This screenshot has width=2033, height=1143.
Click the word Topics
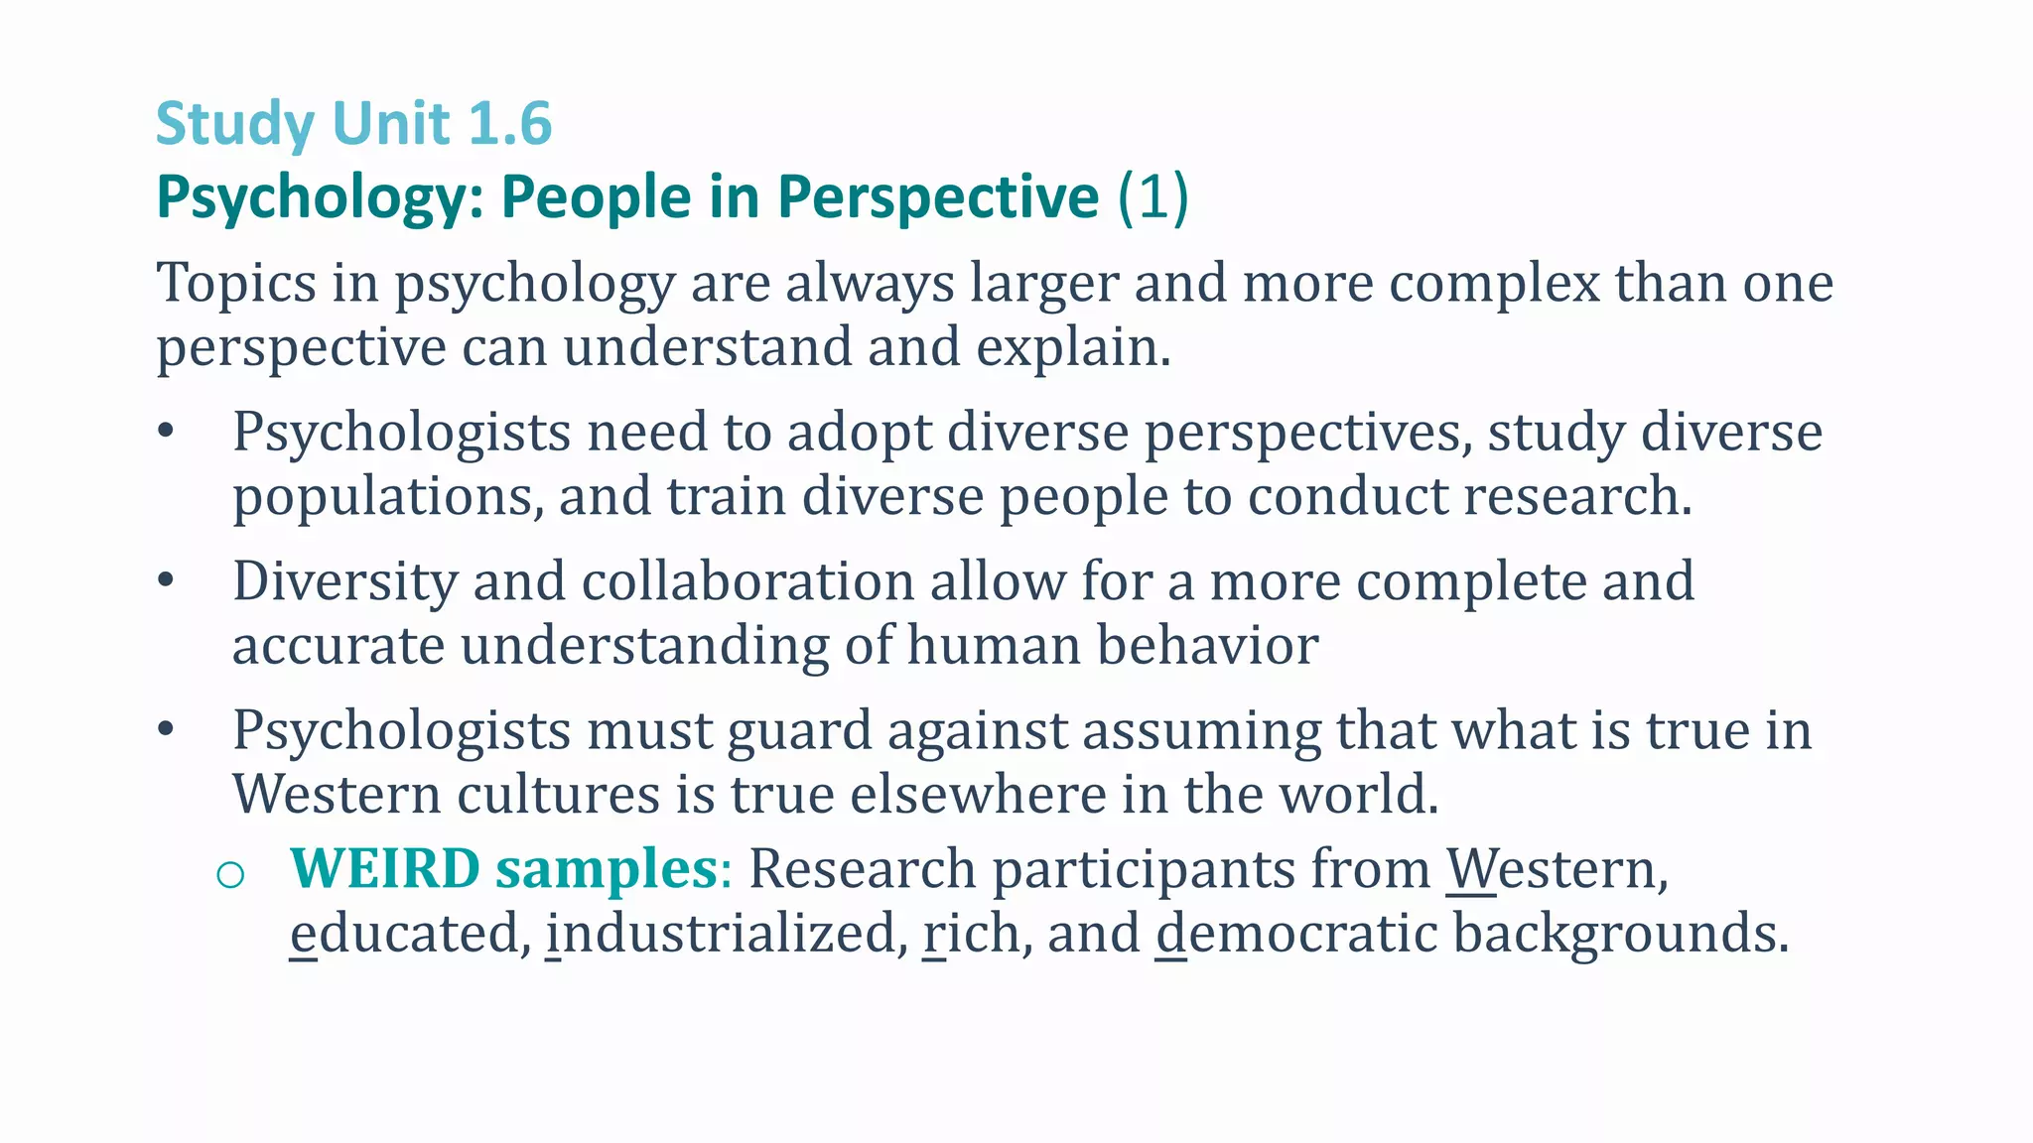pyautogui.click(x=236, y=284)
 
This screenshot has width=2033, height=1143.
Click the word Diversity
pyautogui.click(x=344, y=581)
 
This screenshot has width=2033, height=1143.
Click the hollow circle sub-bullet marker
pyautogui.click(x=230, y=874)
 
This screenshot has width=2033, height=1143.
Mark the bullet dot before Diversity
pyautogui.click(x=166, y=580)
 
